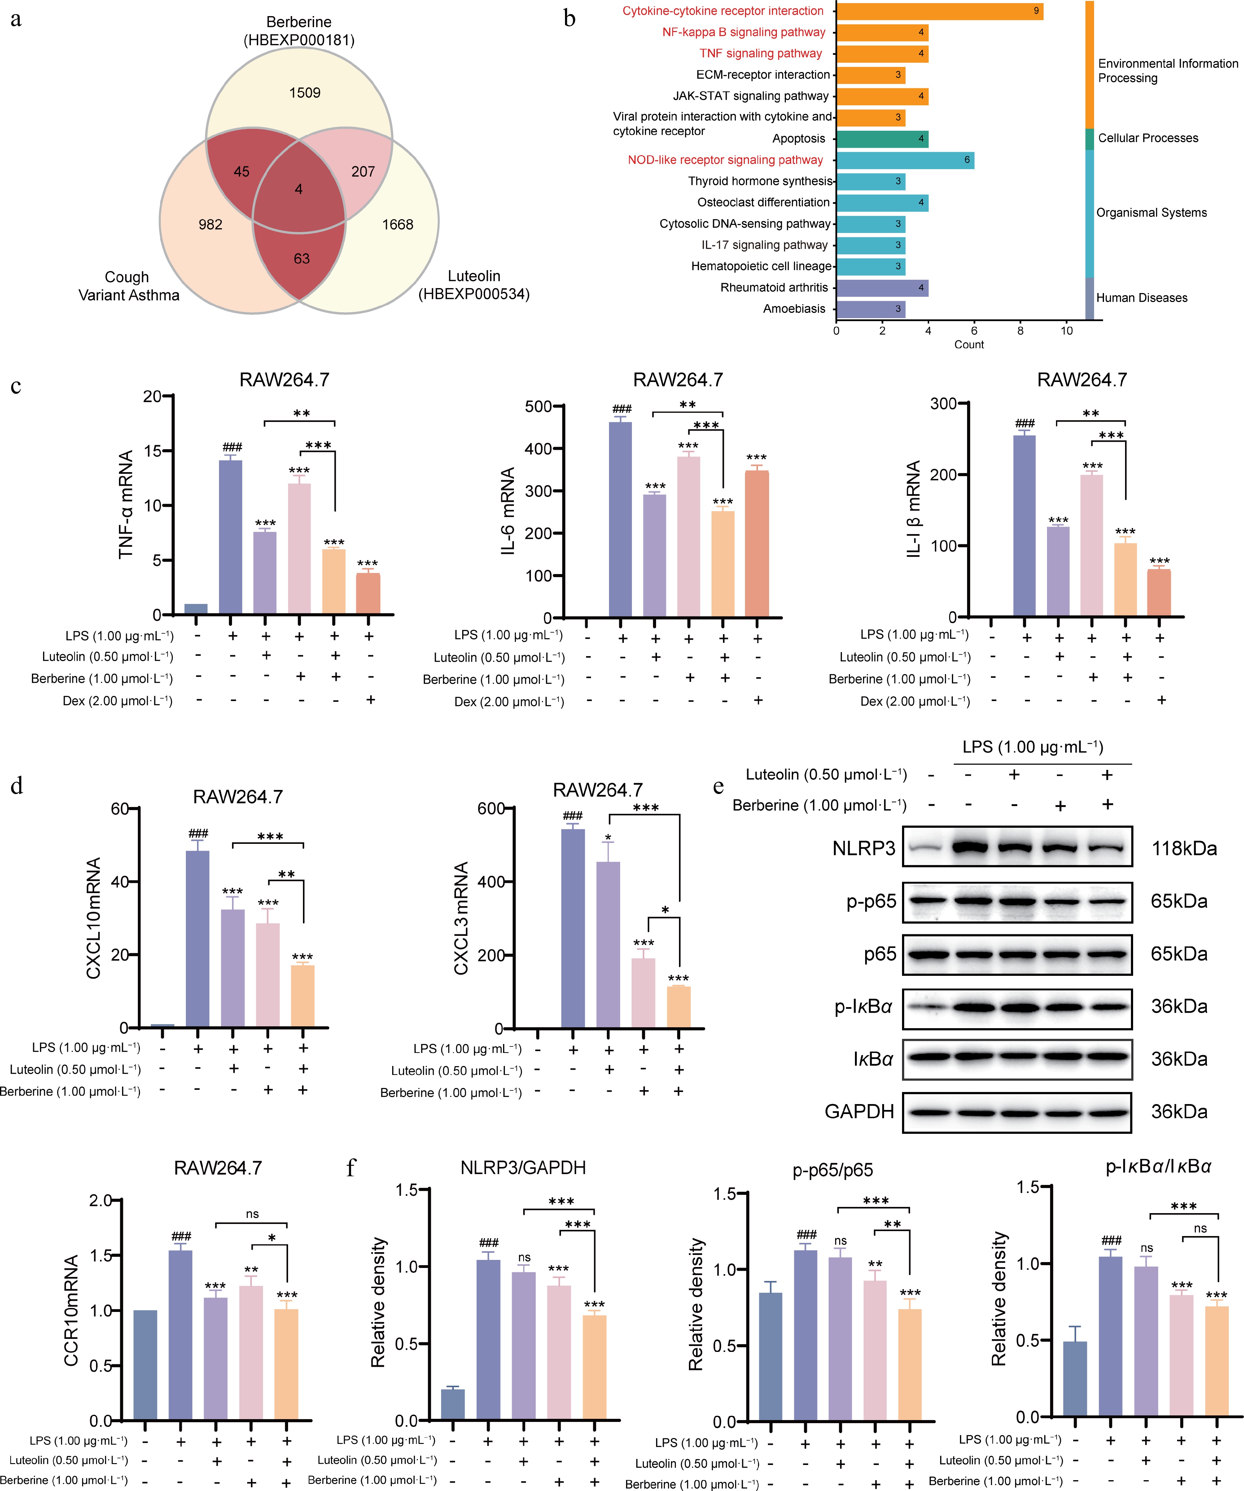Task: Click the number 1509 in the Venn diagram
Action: [x=304, y=93]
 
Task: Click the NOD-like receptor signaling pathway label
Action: [x=725, y=160]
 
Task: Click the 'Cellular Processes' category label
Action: [x=1147, y=138]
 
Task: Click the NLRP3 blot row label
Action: [x=863, y=849]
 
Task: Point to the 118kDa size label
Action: [x=1184, y=849]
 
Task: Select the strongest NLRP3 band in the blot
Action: [x=968, y=847]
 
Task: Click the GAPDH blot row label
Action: [x=859, y=1111]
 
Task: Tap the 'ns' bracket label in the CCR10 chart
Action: [x=252, y=1214]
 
